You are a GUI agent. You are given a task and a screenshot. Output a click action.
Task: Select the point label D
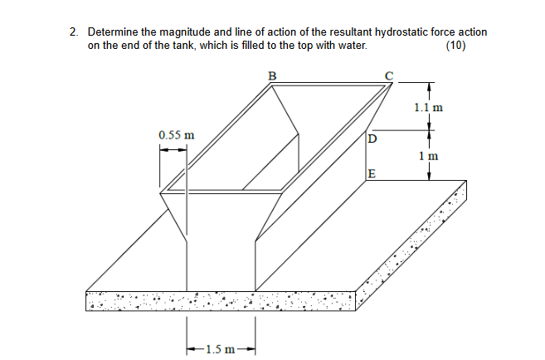click(371, 138)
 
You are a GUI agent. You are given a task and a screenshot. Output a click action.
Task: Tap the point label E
click(371, 174)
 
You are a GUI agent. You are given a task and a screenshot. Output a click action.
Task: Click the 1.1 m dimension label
click(427, 107)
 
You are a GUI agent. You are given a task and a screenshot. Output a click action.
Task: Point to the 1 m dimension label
click(428, 155)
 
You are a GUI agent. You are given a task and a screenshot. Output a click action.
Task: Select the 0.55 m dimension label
click(175, 134)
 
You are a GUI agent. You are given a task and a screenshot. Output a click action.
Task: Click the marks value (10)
click(455, 46)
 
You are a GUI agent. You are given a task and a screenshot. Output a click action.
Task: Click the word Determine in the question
click(114, 32)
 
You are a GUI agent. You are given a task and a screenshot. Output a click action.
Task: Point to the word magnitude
click(187, 32)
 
